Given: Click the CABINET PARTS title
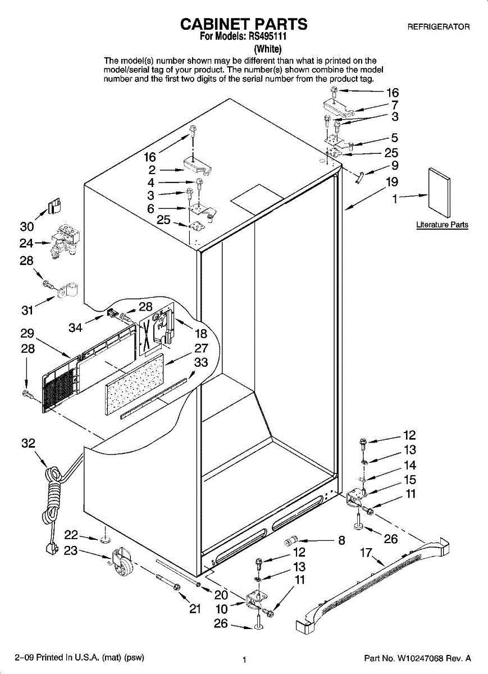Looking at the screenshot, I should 244,24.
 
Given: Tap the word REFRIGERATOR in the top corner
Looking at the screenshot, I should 438,27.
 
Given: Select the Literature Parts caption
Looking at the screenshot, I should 442,225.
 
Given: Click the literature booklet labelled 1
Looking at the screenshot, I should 439,193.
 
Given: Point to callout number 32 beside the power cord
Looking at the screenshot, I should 28,443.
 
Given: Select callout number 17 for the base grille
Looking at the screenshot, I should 366,553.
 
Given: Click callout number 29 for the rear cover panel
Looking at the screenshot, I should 27,333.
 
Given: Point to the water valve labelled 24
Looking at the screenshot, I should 63,242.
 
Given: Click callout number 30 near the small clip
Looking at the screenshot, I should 27,226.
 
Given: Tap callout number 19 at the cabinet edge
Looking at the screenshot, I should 392,181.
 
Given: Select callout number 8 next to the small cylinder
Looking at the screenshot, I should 341,541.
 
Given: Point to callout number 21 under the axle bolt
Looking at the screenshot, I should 195,609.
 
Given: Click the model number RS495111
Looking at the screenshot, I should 272,38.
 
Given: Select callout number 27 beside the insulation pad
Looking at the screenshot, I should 201,348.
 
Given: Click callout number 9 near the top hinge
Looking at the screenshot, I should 394,166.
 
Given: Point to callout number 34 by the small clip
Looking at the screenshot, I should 76,327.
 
